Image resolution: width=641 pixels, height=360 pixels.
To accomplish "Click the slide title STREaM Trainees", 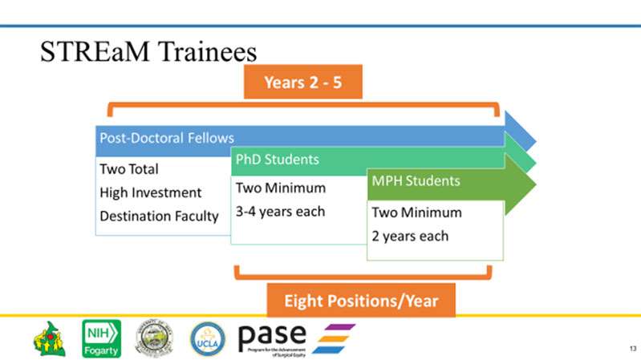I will (x=148, y=52).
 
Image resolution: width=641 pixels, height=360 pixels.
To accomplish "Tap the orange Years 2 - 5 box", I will (x=303, y=83).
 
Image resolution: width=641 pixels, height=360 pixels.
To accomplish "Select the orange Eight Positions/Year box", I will (x=361, y=301).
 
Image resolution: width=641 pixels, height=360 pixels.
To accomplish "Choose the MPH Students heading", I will (x=415, y=181).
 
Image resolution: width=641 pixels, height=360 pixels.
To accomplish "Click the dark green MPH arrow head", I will (x=520, y=186).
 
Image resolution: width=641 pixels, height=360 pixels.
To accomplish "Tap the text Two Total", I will (x=129, y=169).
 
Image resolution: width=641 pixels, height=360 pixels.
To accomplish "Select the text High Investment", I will (x=151, y=192).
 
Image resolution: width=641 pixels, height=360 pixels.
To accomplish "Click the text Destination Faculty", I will (x=159, y=216).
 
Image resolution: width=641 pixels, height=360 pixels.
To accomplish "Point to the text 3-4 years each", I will (x=280, y=212).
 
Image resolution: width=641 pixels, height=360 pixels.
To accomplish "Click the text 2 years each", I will (x=410, y=236).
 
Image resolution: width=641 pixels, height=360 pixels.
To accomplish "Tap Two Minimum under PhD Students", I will (x=280, y=188).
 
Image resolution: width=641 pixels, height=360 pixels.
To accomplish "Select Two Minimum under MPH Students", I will (x=416, y=212).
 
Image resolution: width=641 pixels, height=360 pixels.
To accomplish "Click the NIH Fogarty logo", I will (x=102, y=338).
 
